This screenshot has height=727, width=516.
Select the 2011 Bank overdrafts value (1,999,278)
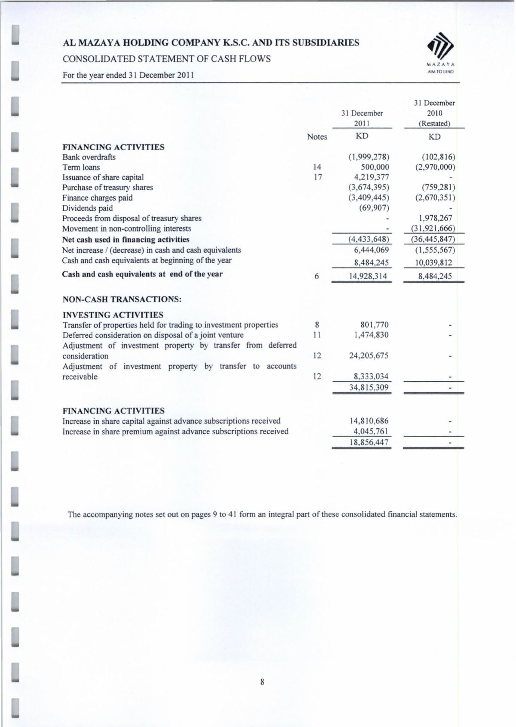pyautogui.click(x=369, y=157)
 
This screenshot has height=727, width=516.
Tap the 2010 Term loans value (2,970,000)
pyautogui.click(x=435, y=167)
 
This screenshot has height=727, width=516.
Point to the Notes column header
pyautogui.click(x=317, y=137)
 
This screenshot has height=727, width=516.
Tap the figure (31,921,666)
pyautogui.click(x=434, y=228)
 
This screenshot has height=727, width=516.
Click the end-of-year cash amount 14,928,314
pyautogui.click(x=369, y=276)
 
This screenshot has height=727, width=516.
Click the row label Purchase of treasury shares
pyautogui.click(x=107, y=188)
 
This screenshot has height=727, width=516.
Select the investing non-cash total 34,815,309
pyautogui.click(x=369, y=387)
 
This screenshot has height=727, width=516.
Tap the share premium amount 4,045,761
pyautogui.click(x=371, y=431)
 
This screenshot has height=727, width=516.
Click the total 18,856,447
pyautogui.click(x=369, y=442)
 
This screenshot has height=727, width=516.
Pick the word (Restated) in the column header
pyautogui.click(x=434, y=124)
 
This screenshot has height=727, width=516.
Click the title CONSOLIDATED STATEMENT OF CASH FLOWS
pyautogui.click(x=167, y=59)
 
